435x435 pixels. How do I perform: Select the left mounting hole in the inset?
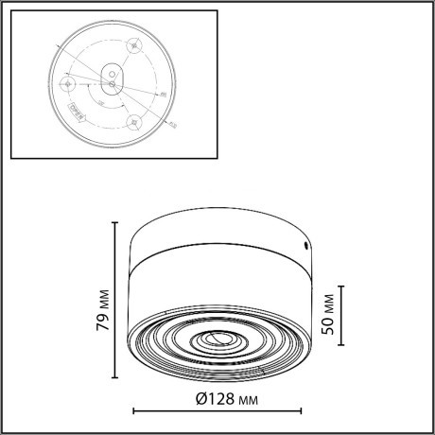(x=67, y=83)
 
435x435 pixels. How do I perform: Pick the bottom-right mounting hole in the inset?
(x=133, y=121)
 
